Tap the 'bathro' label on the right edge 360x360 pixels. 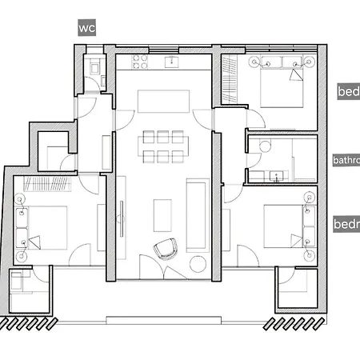click(x=346, y=160)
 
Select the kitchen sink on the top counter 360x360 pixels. click(x=171, y=61)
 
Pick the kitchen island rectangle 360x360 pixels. click(x=162, y=101)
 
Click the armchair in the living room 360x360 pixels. click(x=166, y=249)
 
